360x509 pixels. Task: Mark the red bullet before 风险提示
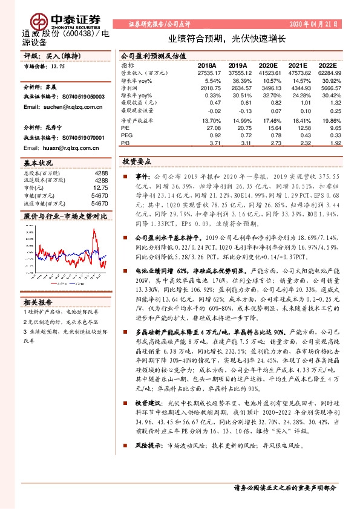125,445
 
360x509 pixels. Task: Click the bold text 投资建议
148,402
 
